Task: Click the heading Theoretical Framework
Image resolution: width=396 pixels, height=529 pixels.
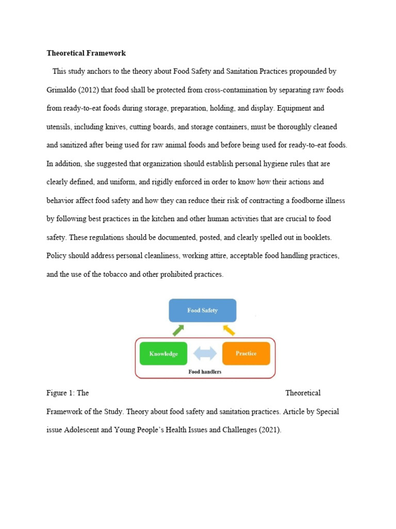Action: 86,53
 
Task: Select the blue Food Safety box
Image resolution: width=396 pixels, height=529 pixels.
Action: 203,310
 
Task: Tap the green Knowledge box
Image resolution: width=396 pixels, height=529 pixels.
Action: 163,354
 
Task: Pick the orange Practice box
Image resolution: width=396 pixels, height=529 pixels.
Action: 246,353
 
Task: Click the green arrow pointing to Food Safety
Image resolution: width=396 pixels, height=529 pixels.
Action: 177,330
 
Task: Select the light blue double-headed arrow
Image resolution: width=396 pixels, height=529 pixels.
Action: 205,354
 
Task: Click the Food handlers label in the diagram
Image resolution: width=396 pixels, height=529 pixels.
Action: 205,371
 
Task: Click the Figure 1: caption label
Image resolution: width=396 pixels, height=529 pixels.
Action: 60,393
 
